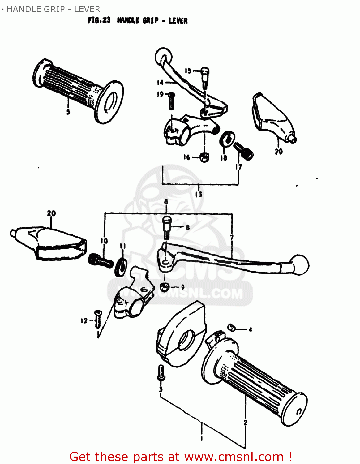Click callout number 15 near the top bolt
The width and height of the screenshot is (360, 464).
coord(188,71)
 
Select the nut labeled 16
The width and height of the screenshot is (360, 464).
coord(204,157)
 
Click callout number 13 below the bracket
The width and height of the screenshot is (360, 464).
coord(199,194)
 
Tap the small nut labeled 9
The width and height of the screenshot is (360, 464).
coord(165,287)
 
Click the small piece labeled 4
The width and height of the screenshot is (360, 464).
coord(232,328)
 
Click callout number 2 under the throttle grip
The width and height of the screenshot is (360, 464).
coord(245,423)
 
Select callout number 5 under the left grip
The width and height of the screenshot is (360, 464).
coord(68,111)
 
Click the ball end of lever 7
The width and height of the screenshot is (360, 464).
coord(300,264)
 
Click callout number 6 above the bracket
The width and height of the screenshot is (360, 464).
coord(166,202)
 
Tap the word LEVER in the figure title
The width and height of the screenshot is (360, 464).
coord(178,21)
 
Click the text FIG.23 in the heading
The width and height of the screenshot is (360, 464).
coord(99,20)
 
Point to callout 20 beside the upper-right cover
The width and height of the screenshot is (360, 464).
coord(279,151)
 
